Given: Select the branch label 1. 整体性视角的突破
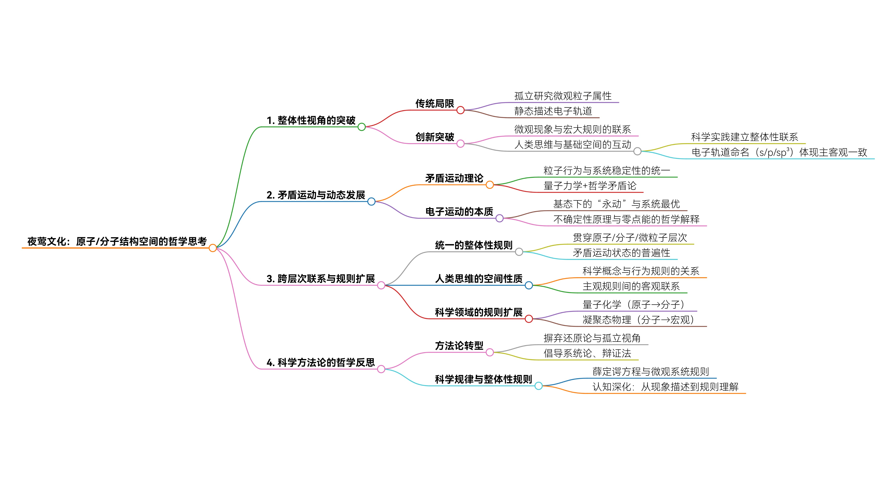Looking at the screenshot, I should coord(311,120).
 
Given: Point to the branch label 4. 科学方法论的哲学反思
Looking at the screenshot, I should coord(321,362).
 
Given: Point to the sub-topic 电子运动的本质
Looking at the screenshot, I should coord(459,212).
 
